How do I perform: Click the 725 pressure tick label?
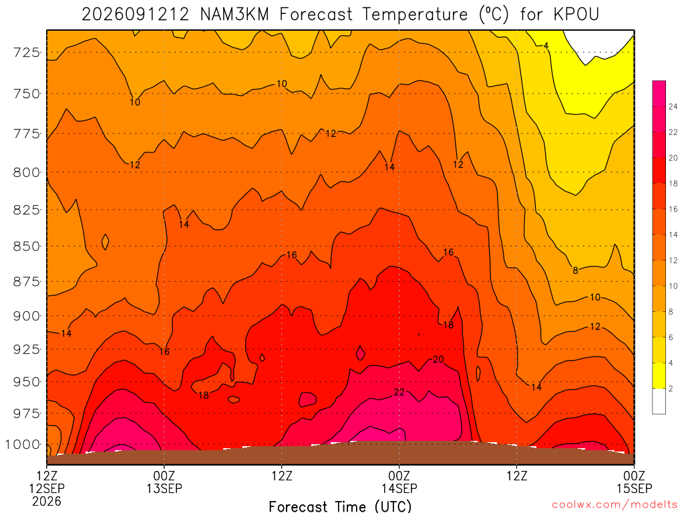tap(27, 53)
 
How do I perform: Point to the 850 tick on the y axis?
tap(27, 246)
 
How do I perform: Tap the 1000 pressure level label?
tap(23, 445)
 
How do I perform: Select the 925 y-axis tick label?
tap(27, 349)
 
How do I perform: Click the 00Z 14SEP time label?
tap(399, 482)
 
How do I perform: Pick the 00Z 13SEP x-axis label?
tap(164, 482)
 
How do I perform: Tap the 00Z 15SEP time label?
tap(635, 482)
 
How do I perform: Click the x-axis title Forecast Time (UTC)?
tap(340, 506)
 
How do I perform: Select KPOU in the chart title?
tap(576, 15)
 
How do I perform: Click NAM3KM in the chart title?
tap(234, 15)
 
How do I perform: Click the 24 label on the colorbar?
tap(673, 106)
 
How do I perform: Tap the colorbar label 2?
tap(671, 389)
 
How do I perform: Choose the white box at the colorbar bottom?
tap(659, 401)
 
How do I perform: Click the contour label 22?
tap(399, 392)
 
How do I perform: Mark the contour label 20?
tap(438, 359)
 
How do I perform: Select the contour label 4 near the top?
tap(546, 46)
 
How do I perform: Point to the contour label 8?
tap(575, 271)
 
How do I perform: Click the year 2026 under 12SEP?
tap(47, 501)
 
